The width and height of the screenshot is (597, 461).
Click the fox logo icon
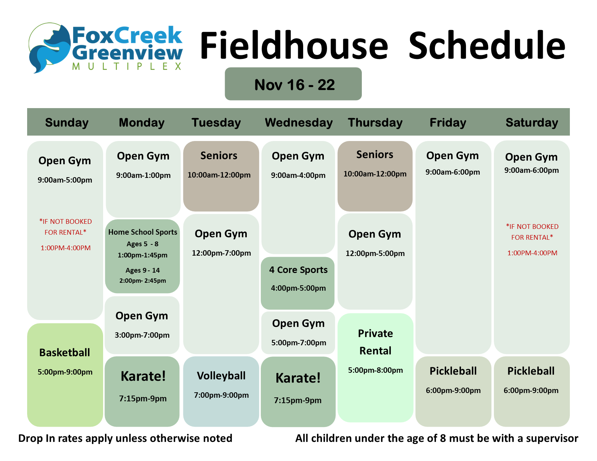50,48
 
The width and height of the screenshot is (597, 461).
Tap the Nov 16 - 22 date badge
293,84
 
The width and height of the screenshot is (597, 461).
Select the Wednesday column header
298,123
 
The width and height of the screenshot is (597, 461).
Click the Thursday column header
375,123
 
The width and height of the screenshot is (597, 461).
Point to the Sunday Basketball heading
64,352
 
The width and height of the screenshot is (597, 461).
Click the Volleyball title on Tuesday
221,376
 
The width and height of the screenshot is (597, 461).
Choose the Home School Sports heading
143,232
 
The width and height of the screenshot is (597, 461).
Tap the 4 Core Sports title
298,270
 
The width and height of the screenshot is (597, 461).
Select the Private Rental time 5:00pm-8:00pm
375,370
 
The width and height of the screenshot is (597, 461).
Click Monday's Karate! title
143,376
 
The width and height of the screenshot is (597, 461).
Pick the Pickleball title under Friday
453,371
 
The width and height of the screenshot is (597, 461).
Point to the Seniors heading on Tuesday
219,155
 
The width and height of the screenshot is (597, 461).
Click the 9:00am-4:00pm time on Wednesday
298,175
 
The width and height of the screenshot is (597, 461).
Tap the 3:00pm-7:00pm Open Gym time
142,335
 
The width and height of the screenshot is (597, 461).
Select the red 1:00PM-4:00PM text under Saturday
532,253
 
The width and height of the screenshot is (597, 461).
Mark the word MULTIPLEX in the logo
127,67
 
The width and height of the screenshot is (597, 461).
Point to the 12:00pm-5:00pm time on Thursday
375,253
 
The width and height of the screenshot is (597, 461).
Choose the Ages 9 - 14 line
143,270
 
